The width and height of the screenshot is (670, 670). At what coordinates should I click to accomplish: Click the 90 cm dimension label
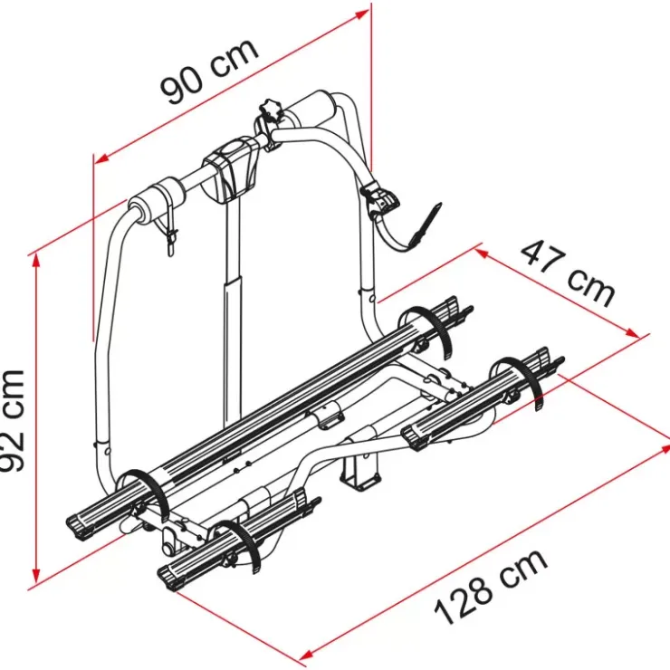[209, 72]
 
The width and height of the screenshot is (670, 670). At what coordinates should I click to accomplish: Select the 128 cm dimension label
[491, 587]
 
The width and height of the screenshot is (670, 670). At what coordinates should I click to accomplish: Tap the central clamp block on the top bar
[231, 168]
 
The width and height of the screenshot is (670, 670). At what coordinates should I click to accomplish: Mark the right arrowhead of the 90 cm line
[362, 14]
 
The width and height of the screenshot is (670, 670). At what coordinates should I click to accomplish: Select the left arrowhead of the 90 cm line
[100, 159]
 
